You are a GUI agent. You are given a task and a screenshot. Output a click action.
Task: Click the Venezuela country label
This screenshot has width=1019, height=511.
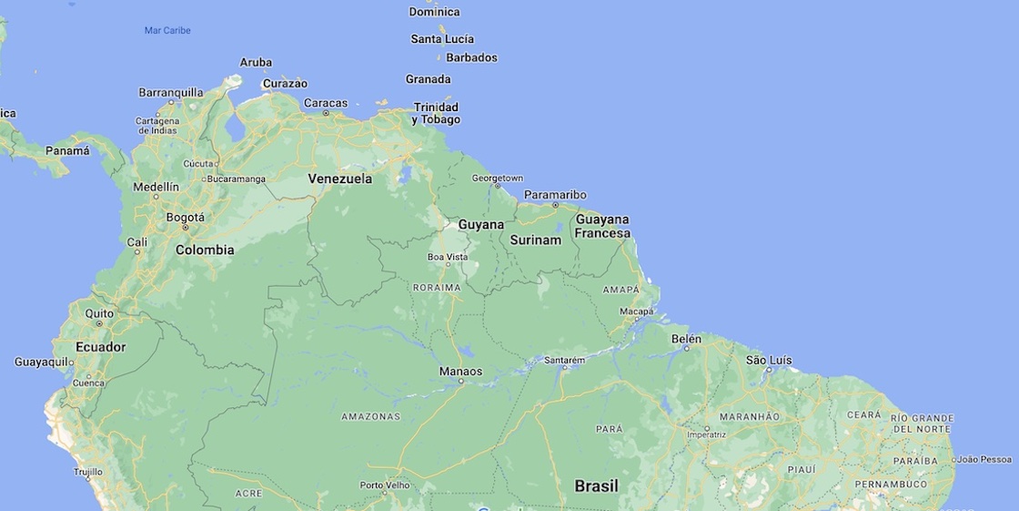coord(339,179)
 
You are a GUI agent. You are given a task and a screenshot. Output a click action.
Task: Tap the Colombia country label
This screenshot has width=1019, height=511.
coord(205,250)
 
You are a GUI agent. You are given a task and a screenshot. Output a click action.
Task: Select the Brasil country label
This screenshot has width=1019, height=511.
coord(596,486)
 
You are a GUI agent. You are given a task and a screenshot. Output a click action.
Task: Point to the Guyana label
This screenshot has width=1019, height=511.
coord(480,224)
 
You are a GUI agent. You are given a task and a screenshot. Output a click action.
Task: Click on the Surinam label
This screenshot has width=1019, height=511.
coord(535,240)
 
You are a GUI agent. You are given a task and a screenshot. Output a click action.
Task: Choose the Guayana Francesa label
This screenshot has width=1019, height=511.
coord(601,226)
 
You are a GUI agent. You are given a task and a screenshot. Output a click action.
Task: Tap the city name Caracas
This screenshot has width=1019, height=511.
coord(326,103)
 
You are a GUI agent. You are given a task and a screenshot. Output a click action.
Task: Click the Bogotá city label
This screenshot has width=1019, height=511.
coord(186,217)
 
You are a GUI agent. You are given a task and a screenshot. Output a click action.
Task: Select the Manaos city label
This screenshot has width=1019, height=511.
coord(460,371)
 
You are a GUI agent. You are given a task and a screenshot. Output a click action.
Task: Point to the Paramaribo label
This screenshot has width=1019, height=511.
coord(555,194)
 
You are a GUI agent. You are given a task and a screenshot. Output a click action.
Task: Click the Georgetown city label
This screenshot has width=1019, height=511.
coord(498,178)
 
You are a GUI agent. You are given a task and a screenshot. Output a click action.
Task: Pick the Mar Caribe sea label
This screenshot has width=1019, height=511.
coord(167,30)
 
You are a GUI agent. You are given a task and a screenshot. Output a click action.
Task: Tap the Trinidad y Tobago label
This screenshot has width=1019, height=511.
coord(436,113)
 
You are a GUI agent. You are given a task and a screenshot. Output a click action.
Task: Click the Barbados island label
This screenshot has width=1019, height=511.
coord(471,57)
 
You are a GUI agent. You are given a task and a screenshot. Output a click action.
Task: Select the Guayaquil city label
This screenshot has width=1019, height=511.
coord(42,362)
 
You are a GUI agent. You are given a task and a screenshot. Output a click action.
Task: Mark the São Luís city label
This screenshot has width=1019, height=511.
coord(769,360)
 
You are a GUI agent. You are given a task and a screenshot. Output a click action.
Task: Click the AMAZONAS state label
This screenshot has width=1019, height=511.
coord(370,416)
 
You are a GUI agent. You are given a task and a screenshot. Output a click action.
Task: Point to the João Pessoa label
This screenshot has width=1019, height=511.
coord(984,459)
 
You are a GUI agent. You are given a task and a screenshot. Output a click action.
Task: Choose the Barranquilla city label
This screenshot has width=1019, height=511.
coord(171,92)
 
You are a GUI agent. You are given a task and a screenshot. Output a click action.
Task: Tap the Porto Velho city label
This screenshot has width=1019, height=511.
coord(385,485)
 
